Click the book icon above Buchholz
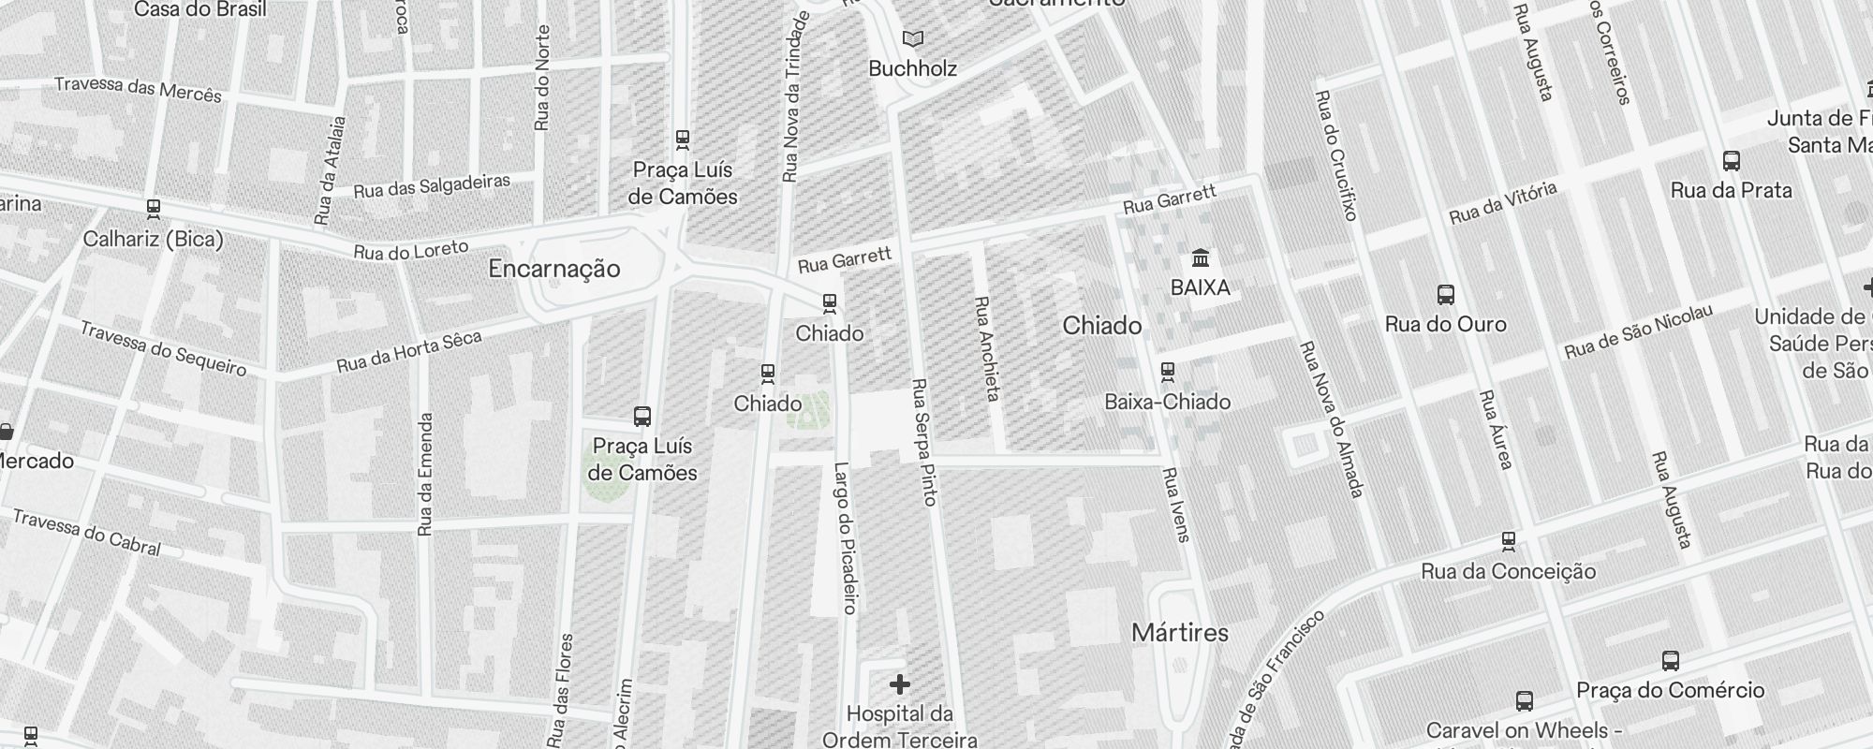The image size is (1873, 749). pos(912,39)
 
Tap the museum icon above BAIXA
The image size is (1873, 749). pos(1200,257)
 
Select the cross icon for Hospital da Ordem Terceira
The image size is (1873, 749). pos(899,684)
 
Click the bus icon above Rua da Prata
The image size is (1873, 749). pos(1732,161)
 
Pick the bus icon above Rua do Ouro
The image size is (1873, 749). pos(1446,296)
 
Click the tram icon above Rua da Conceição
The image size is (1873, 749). pos(1508,541)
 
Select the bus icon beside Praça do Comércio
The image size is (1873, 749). pos(1671,661)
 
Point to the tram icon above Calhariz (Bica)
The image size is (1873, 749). pos(154,208)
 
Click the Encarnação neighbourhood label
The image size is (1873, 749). pos(554,270)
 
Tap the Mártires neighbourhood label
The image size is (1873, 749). pos(1180,633)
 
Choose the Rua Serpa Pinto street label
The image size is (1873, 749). pos(923,442)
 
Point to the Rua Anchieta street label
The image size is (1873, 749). pos(987,348)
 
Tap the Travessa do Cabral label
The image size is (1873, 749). pos(87,532)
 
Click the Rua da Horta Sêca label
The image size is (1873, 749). pos(409,351)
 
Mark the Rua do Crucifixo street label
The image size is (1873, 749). pos(1336,155)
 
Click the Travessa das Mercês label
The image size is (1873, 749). pos(139,89)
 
